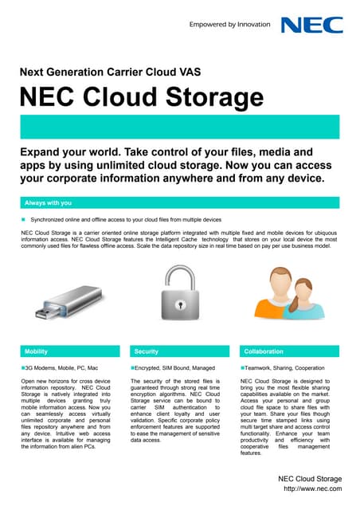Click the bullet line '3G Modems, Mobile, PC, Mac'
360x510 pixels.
tap(63, 367)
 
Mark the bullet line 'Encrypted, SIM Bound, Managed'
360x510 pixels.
tap(171, 367)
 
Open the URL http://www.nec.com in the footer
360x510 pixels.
tap(312, 488)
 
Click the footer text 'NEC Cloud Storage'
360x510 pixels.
tap(309, 477)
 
